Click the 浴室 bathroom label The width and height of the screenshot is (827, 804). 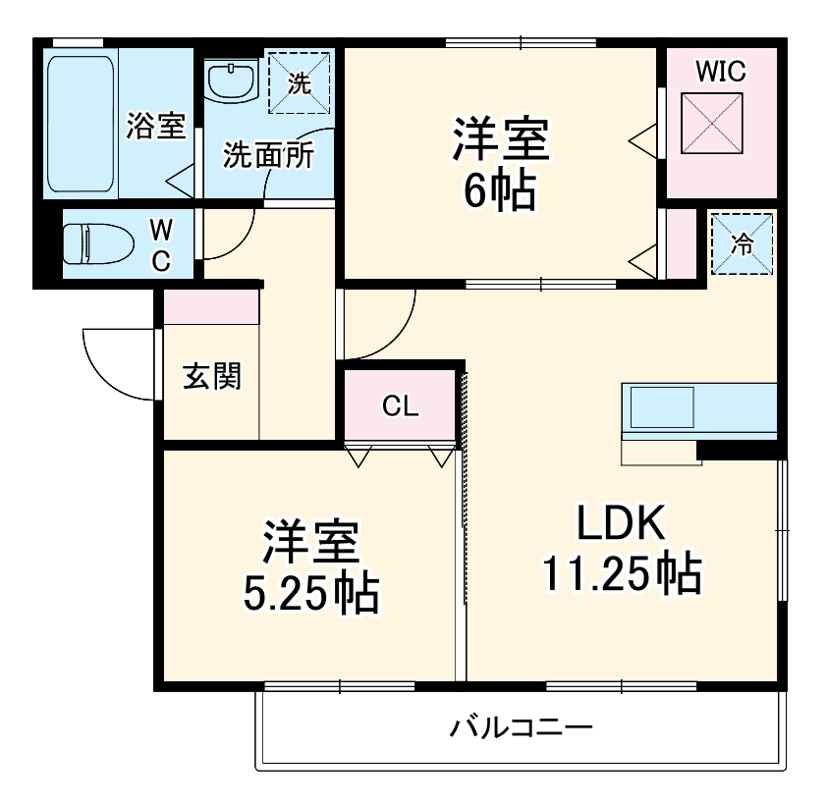pos(156,126)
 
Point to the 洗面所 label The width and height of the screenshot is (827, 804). pos(268,155)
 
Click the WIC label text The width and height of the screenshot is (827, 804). pos(721,71)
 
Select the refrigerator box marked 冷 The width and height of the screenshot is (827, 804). pos(743,244)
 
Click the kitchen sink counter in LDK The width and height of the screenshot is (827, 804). pos(698,408)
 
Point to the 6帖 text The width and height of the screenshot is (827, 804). pos(499,192)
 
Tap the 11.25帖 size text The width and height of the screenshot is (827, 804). pos(621,571)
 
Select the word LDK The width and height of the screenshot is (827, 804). pos(621,523)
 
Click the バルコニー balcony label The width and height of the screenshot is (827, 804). pos(521,728)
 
